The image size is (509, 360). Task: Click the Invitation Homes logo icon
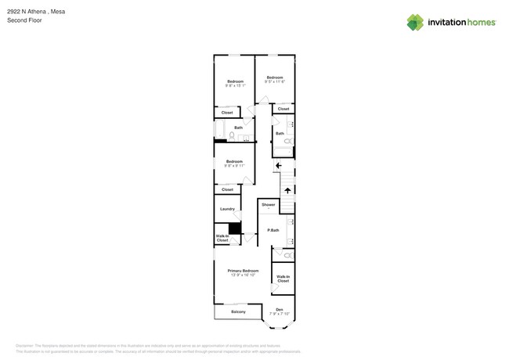click(415, 22)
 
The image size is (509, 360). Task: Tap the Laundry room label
click(228, 209)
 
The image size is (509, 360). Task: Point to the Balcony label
click(238, 312)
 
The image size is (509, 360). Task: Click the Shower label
click(268, 204)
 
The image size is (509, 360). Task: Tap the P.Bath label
click(273, 230)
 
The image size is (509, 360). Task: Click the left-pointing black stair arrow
click(278, 165)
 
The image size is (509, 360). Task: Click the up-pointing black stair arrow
click(287, 189)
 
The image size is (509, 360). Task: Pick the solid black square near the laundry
click(233, 229)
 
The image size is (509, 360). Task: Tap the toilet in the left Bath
click(232, 135)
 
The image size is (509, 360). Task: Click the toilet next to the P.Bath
click(287, 255)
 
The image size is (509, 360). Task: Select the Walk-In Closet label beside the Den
click(283, 279)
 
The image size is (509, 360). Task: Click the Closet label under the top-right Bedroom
click(283, 109)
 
